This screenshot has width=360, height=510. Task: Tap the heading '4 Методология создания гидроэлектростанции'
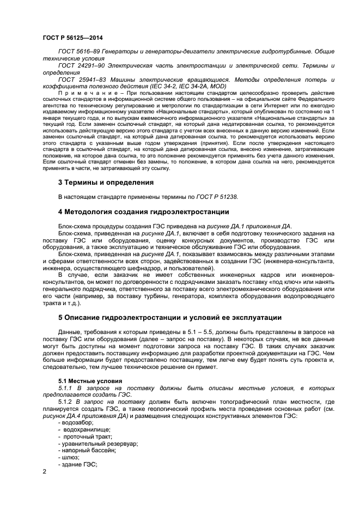coord(144,211)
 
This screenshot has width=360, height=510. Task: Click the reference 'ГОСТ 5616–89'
coord(76,51)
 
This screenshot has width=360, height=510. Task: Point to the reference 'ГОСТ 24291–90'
coord(78,65)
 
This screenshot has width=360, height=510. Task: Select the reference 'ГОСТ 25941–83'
coord(78,80)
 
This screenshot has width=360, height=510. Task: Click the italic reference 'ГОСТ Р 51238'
coord(217,197)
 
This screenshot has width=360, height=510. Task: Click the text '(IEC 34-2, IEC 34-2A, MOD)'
coord(169,87)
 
